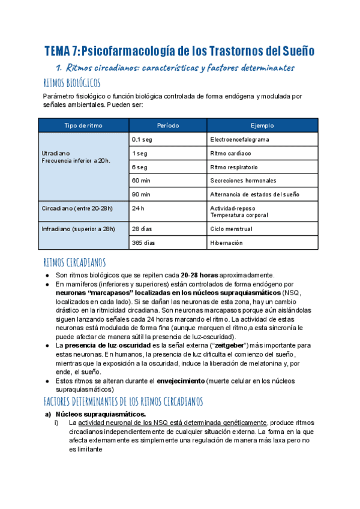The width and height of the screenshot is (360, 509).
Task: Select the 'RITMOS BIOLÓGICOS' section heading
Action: coord(72,82)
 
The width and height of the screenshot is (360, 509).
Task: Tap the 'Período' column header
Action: coord(167,125)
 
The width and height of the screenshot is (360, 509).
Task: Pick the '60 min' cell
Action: coord(141,180)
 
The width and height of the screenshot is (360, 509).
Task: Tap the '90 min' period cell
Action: coord(141,194)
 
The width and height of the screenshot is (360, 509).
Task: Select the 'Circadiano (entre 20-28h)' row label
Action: coord(77,208)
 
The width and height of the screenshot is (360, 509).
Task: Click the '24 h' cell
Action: coord(139,208)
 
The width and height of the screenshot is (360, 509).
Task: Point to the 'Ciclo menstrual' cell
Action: coord(231,229)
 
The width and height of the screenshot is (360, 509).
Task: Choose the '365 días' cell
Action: coord(143,242)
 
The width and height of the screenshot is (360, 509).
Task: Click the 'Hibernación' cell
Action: coord(226,242)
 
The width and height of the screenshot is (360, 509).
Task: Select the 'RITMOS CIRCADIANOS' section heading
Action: coord(74,262)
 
